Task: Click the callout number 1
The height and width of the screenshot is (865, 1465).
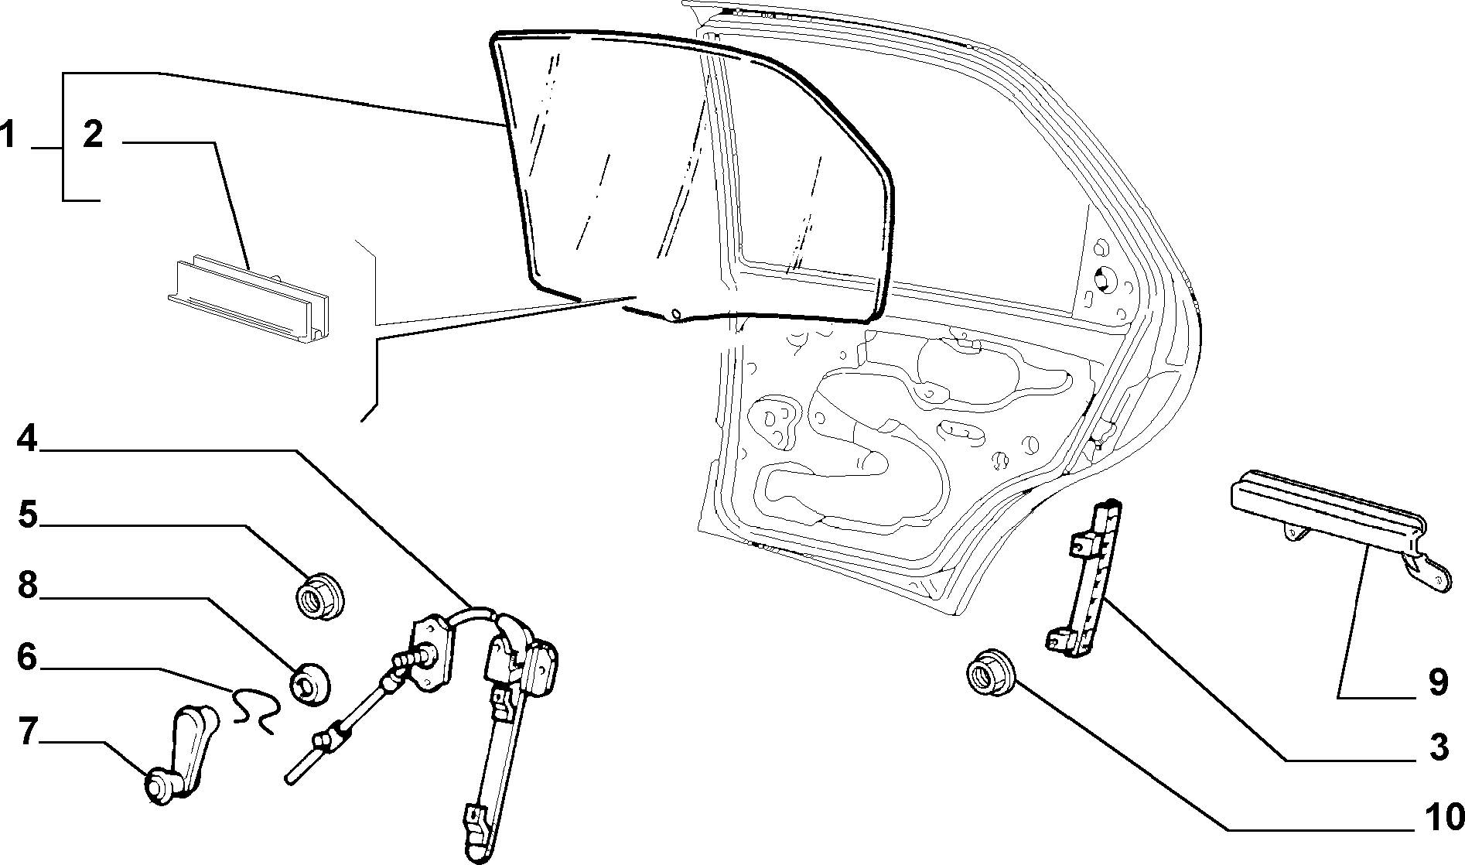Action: [8, 135]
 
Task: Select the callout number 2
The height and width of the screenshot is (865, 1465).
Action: [92, 135]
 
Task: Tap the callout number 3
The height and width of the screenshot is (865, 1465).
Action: [1437, 748]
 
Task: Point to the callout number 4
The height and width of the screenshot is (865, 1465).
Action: [26, 439]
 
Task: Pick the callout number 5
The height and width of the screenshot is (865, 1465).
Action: [28, 515]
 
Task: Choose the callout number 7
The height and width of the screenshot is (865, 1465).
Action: [27, 731]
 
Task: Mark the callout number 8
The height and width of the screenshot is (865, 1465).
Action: [28, 586]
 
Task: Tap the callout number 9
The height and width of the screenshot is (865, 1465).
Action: [1437, 683]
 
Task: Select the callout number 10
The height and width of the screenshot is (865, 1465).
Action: [1443, 816]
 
